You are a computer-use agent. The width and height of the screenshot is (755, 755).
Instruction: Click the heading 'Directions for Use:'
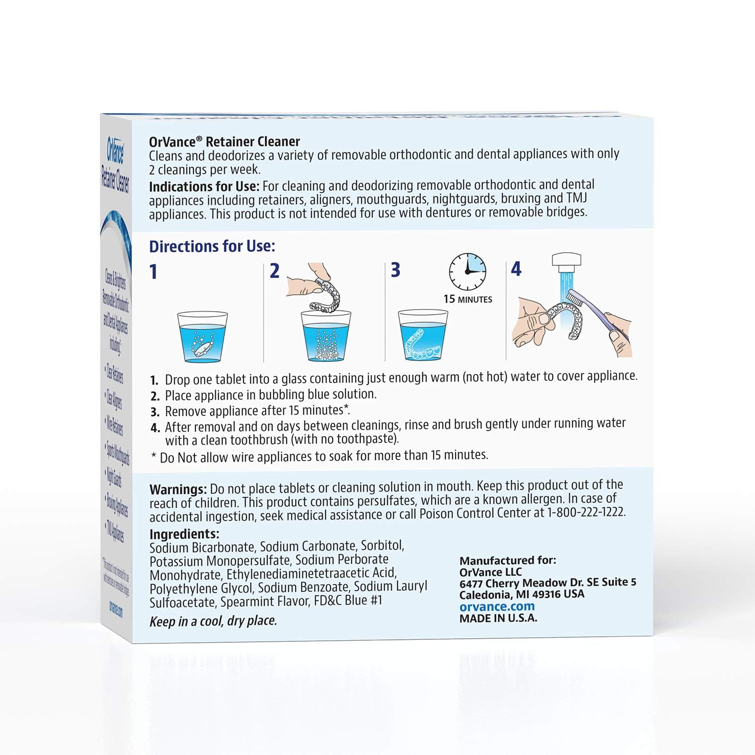coord(212,246)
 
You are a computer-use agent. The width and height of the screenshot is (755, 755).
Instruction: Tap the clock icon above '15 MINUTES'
coord(468,272)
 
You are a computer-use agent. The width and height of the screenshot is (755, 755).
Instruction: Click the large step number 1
coord(154,272)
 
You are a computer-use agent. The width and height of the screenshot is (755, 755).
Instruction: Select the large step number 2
coord(274,271)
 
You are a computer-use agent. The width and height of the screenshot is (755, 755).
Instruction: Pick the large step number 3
coord(396,270)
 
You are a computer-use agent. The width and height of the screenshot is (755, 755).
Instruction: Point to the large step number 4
coord(516,269)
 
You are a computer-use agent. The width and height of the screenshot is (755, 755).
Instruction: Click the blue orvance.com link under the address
coord(497,607)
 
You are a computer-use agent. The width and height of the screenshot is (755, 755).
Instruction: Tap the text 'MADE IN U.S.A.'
coord(498,619)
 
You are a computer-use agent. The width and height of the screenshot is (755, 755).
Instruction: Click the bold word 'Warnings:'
coord(178,489)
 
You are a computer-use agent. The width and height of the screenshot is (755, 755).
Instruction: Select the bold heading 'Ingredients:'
coord(184,534)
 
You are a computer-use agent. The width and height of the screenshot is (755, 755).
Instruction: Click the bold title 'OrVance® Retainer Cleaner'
coord(224,142)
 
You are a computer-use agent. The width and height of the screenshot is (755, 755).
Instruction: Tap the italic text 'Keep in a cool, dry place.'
coord(213,621)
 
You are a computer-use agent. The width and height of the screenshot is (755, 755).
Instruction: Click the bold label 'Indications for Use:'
coord(204,187)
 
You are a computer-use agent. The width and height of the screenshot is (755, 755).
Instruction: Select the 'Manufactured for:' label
coord(507,560)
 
